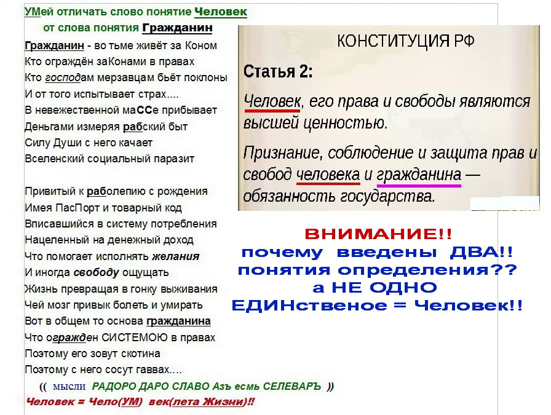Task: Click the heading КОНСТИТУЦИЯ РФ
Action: (x=405, y=41)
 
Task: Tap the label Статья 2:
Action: (x=277, y=71)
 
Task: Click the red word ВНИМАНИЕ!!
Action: (x=378, y=234)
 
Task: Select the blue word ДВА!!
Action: (x=481, y=252)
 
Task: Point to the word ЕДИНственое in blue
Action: (x=309, y=306)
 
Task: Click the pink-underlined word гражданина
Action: (x=419, y=175)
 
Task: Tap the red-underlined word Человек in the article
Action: (x=272, y=101)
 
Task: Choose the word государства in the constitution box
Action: (x=386, y=196)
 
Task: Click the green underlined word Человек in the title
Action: (x=221, y=12)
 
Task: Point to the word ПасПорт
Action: (x=77, y=208)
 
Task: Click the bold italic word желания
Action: (x=176, y=256)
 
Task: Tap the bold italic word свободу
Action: (x=97, y=273)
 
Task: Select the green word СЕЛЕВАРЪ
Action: (x=292, y=386)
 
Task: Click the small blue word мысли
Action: (x=69, y=387)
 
